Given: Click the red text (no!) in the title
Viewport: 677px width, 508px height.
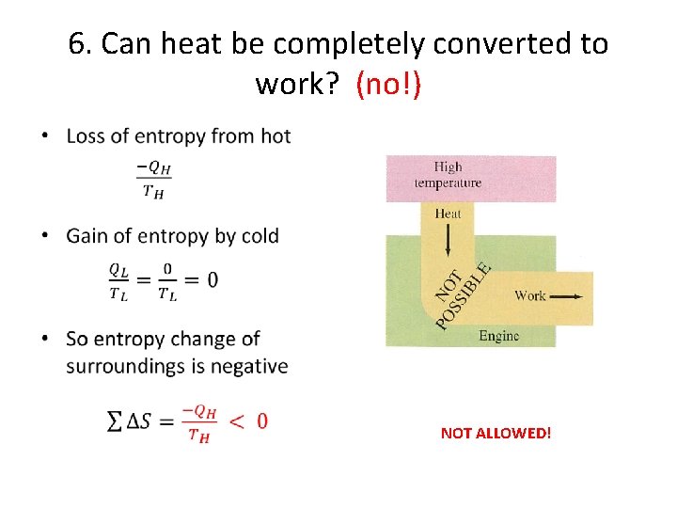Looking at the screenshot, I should point(388,86).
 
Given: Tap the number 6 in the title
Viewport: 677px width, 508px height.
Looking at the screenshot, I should point(77,44).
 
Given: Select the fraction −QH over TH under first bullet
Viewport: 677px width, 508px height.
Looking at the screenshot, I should point(154,180).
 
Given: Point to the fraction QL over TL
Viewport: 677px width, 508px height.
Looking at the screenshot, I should point(119,280).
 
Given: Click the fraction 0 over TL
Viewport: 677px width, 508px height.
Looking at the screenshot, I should point(166,280).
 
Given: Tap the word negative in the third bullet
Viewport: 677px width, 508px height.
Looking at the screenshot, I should point(248,366).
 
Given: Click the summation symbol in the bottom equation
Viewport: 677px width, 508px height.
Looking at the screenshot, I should point(115,421).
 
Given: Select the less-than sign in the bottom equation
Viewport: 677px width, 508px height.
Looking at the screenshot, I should point(238,421).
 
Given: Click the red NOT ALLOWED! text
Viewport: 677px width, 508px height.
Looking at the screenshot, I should point(496,434).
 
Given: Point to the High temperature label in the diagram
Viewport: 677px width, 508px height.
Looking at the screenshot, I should point(448,175).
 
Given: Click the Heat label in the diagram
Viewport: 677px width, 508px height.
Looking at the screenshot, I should point(448,214).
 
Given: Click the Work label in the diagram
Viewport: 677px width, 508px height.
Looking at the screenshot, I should point(530,295).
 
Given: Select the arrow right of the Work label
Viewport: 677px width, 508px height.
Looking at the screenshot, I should point(566,295).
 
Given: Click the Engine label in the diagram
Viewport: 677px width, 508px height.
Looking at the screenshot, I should point(498,336).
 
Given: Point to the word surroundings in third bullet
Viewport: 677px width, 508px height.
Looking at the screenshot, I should point(134,366).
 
